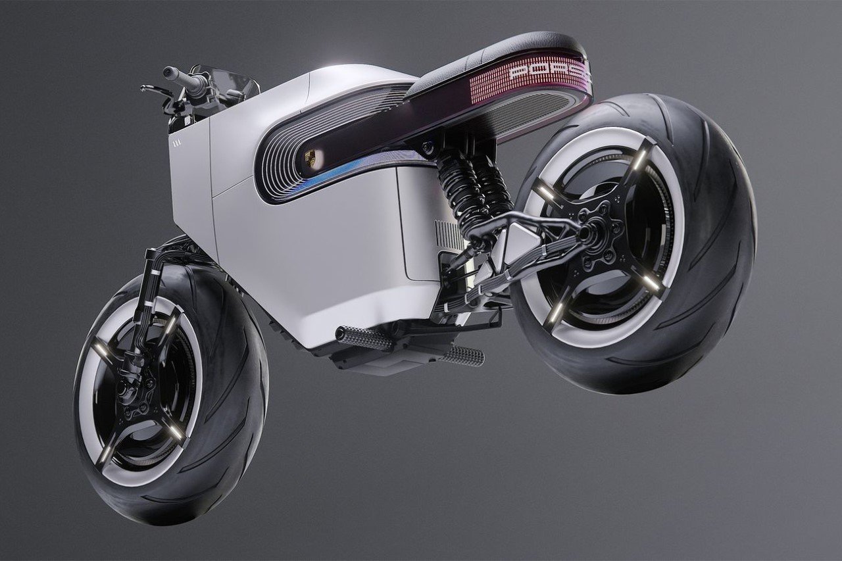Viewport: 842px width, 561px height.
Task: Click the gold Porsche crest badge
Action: coord(310,158)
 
